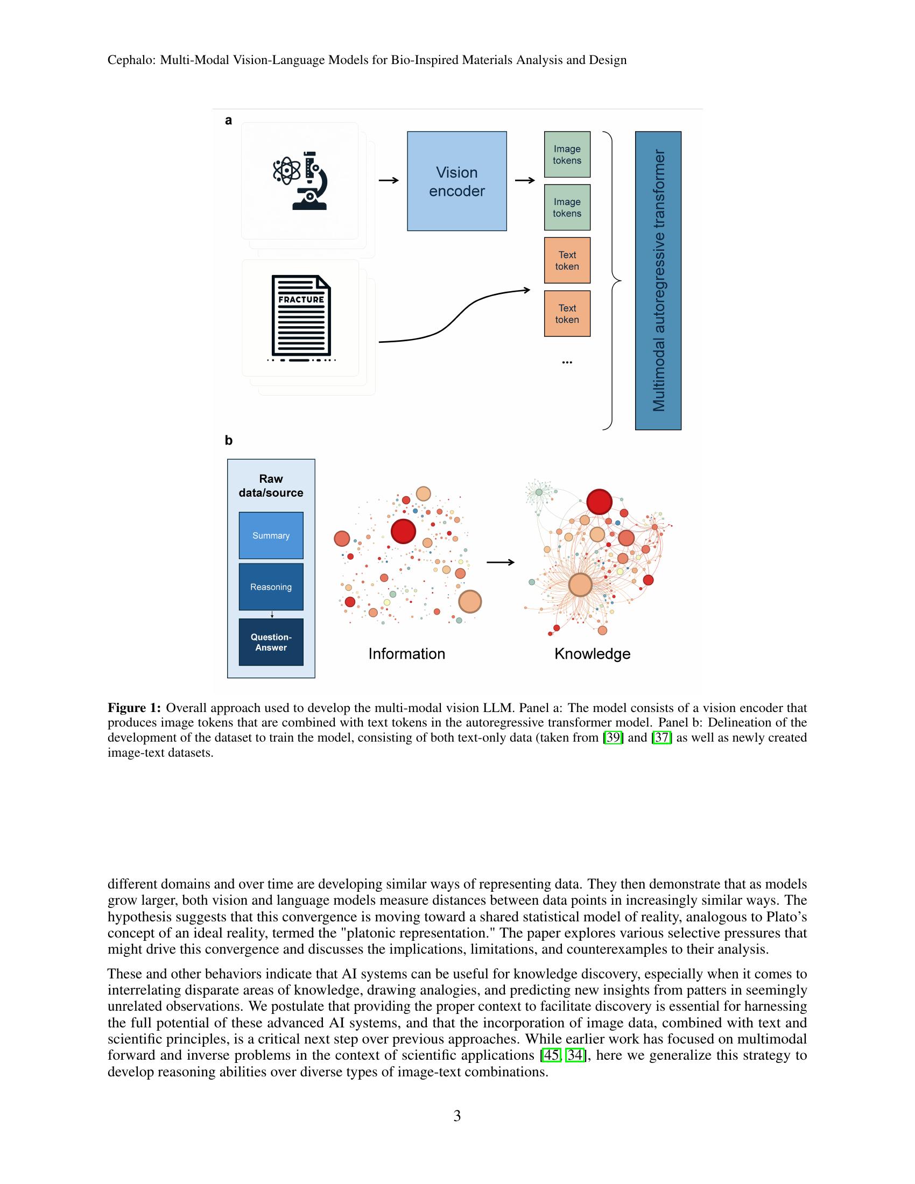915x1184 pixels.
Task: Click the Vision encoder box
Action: [456, 181]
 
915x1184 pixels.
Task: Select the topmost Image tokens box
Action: [567, 154]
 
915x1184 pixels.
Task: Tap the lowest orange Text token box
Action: [567, 314]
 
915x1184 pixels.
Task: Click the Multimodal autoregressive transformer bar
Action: [658, 280]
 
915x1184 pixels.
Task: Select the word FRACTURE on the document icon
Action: [301, 299]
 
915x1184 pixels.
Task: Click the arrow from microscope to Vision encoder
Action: [388, 180]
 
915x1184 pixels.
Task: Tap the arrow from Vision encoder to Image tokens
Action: [524, 180]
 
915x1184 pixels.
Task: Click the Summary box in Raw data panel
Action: [271, 535]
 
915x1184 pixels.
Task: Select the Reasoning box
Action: [271, 587]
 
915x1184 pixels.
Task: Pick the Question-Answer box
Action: [271, 643]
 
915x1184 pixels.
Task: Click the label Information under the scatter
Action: [406, 654]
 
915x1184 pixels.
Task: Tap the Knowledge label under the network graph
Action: [592, 654]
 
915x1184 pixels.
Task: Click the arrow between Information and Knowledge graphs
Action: [500, 563]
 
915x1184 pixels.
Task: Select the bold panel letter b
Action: [228, 441]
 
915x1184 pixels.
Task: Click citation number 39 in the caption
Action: [614, 737]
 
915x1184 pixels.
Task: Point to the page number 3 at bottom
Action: [457, 1116]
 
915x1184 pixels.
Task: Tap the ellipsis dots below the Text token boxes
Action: [567, 362]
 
